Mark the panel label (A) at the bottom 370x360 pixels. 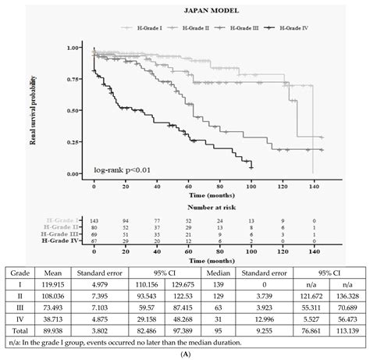click(185, 352)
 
